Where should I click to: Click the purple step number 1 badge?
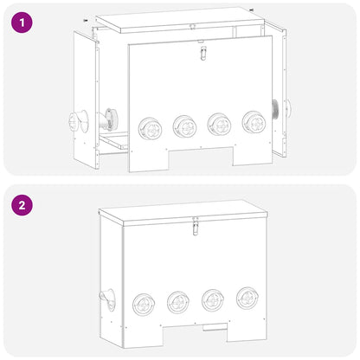coord(22,22)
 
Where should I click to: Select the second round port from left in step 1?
coord(184,126)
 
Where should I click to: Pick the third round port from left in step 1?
coord(218,124)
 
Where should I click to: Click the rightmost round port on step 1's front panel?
coord(253,121)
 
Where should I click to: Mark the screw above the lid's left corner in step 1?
coord(84,18)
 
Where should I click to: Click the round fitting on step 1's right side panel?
coord(285,108)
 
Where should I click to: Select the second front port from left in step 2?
coord(178,302)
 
